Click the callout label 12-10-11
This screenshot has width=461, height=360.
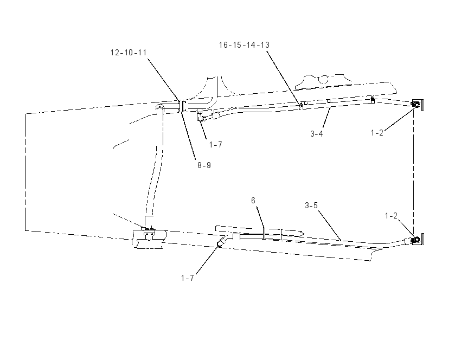pyautogui.click(x=129, y=53)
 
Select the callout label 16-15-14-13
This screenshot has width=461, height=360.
pyautogui.click(x=244, y=45)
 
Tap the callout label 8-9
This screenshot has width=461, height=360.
pyautogui.click(x=204, y=165)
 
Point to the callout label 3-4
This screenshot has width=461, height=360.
pyautogui.click(x=317, y=134)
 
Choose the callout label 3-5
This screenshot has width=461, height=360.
pyautogui.click(x=311, y=205)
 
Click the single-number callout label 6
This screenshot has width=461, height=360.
pyautogui.click(x=253, y=201)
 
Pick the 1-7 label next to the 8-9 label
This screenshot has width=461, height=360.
pyautogui.click(x=215, y=145)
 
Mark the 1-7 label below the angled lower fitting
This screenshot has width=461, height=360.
pyautogui.click(x=187, y=278)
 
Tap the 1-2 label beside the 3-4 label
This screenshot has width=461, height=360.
pyautogui.click(x=377, y=133)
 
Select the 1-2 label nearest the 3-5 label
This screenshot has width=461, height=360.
pyautogui.click(x=391, y=216)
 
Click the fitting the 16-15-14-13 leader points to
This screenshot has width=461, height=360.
pyautogui.click(x=301, y=105)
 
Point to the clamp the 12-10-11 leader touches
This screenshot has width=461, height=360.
pyautogui.click(x=182, y=106)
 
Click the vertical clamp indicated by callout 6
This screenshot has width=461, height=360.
pyautogui.click(x=264, y=233)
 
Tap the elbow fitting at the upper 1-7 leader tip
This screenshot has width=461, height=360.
pyautogui.click(x=201, y=115)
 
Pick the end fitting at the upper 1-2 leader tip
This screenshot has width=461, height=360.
pyautogui.click(x=417, y=105)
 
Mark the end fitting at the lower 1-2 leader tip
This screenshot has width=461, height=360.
pyautogui.click(x=417, y=240)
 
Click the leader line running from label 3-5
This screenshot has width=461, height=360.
pyautogui.click(x=330, y=225)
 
